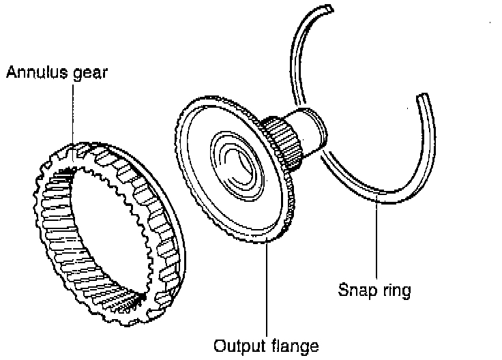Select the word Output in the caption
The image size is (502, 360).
pos(236,345)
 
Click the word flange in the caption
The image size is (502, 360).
pos(293,345)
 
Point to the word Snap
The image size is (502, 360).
pos(355,290)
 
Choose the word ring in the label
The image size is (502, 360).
pos(396,292)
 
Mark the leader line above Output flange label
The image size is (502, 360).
pos(266,286)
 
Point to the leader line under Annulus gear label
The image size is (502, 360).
pos(72,116)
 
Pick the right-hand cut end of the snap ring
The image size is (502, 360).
pos(427,98)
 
